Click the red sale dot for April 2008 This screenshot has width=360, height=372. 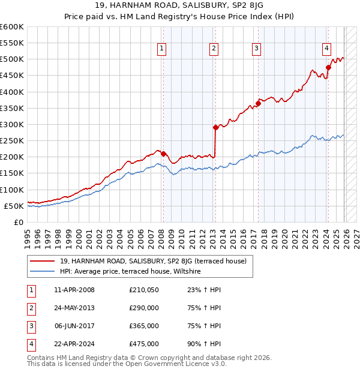coord(163,153)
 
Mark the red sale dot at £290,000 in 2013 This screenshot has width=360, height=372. coord(215,127)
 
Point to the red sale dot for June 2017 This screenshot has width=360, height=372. coord(258,103)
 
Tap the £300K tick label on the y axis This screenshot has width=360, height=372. coord(12,124)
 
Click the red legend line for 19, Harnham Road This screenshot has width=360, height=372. coord(43,262)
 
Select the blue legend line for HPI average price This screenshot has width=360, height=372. coord(43,272)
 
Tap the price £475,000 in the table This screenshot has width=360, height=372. coord(144,344)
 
